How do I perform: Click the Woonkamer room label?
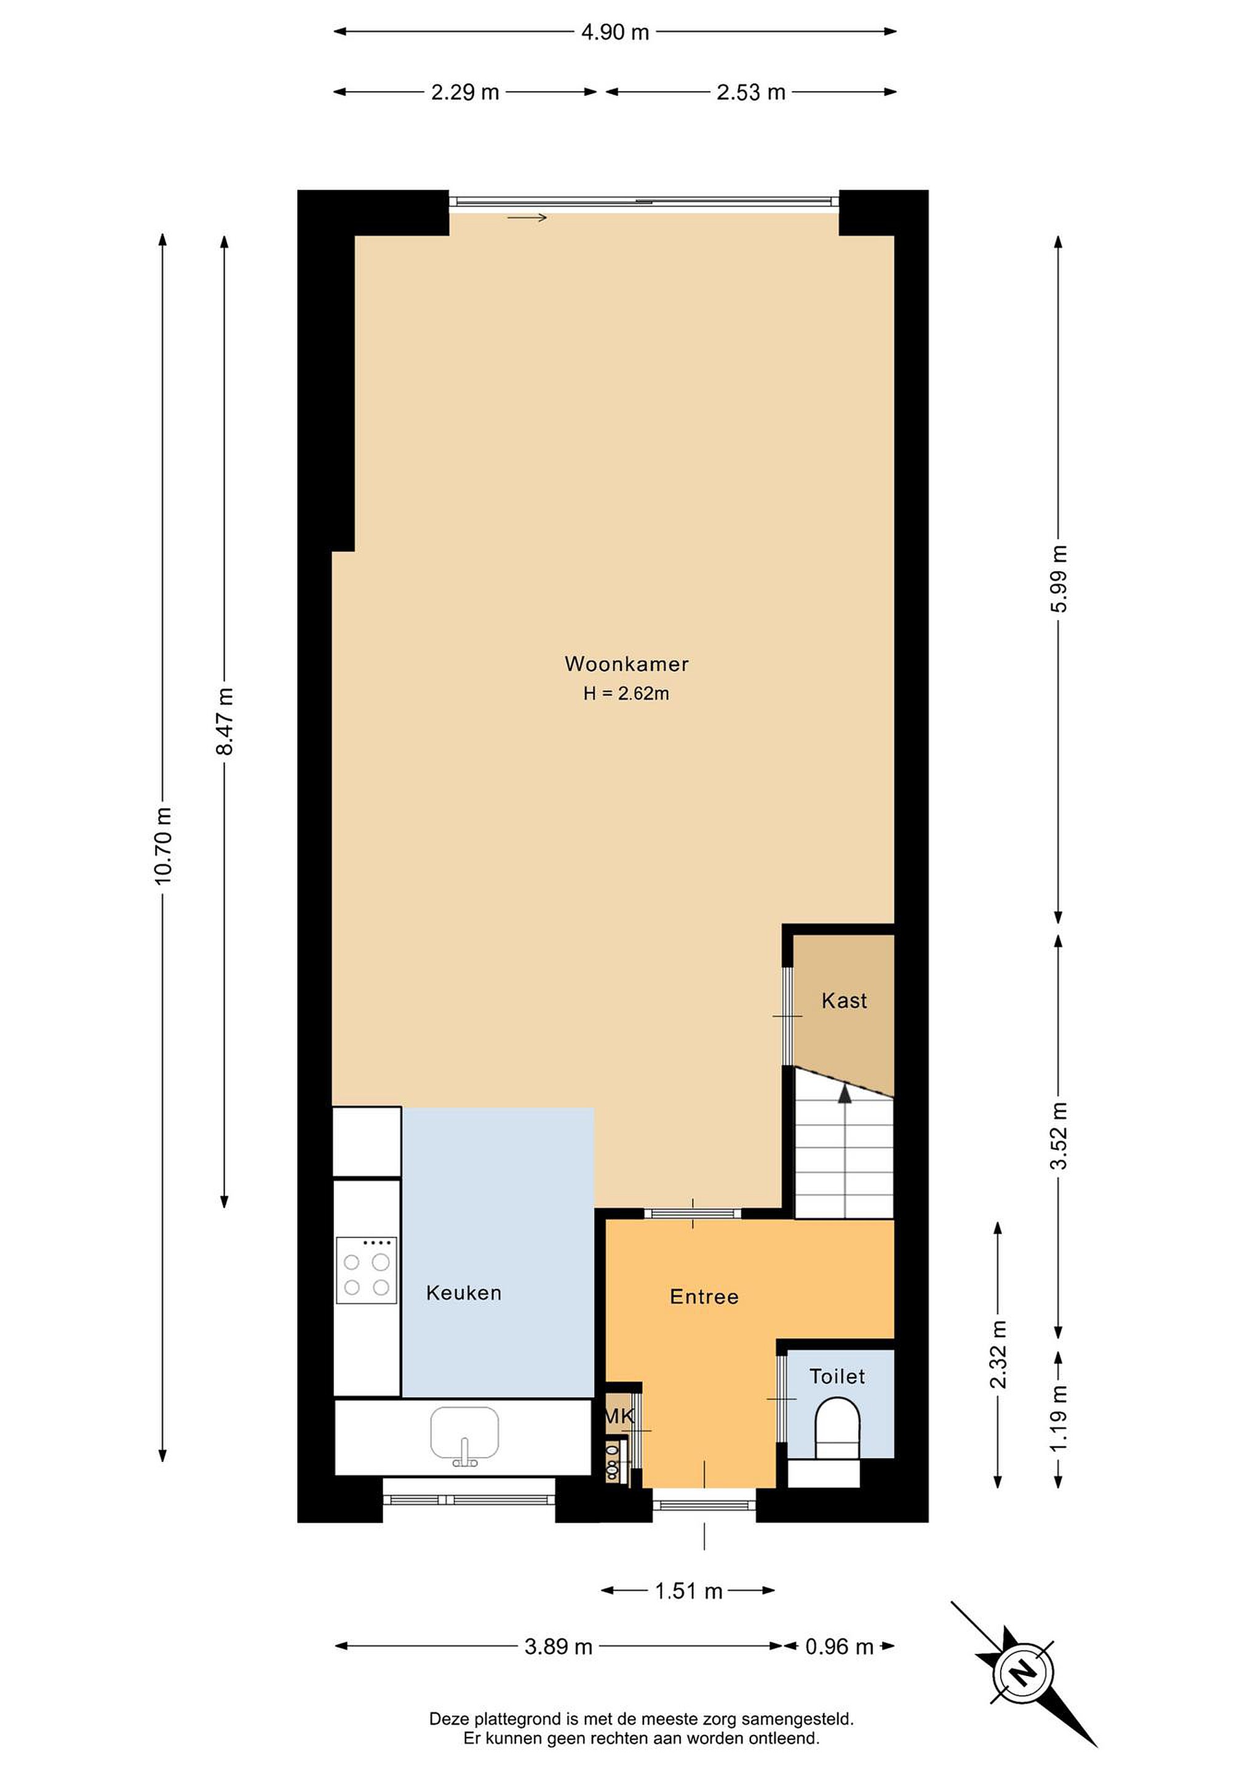point(626,664)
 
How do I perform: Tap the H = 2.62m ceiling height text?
point(626,694)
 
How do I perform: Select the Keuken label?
point(464,1293)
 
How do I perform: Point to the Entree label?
point(704,1296)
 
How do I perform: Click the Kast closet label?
point(844,1001)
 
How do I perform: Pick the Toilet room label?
point(837,1376)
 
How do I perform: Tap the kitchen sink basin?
point(464,1434)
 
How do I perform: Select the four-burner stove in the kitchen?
point(367,1271)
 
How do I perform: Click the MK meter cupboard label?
point(619,1416)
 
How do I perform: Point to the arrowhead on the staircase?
point(845,1093)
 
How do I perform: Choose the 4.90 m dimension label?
point(615,33)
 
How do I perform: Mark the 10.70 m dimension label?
point(163,846)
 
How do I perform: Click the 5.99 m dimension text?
point(1059,579)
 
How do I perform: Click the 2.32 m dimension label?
point(998,1354)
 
